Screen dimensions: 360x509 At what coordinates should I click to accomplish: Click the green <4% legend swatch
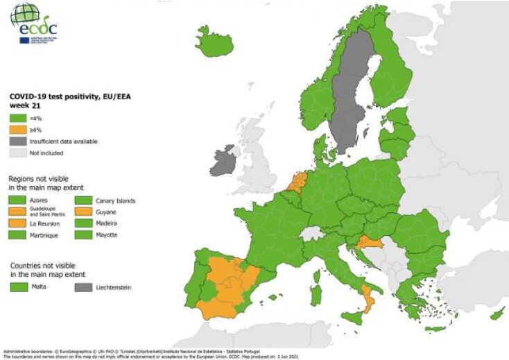pos(17,117)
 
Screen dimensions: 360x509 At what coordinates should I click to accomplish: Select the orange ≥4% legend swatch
pos(17,129)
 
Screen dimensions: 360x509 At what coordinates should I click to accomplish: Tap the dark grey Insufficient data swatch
pos(17,141)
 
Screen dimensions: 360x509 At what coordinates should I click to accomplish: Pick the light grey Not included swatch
pos(17,153)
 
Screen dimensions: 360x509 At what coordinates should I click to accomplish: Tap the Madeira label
pos(107,224)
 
